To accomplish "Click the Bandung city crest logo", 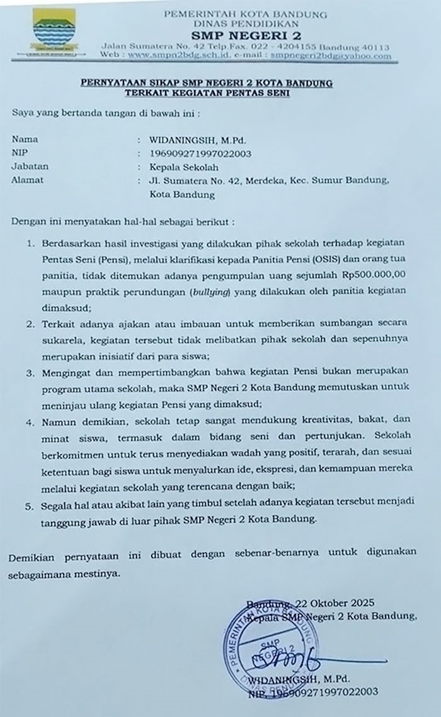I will (54, 33).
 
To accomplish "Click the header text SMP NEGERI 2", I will (245, 35).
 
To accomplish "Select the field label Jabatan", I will (30, 167).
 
